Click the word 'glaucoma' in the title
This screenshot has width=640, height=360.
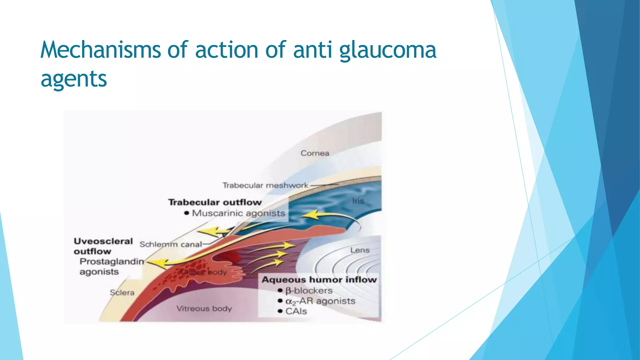tap(387, 50)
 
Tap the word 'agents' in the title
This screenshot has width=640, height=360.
tap(74, 79)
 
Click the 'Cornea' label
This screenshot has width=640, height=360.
tap(315, 153)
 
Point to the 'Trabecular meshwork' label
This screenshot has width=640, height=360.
tap(265, 185)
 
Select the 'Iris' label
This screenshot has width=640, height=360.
tap(358, 201)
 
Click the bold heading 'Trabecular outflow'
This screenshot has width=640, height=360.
tap(215, 202)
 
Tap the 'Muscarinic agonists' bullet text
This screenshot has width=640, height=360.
tap(238, 213)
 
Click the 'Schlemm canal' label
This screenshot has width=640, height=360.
tap(171, 244)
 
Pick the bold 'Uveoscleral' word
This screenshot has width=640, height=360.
tap(103, 241)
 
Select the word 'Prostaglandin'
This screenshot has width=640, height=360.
tap(112, 261)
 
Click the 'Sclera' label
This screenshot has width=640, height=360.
tap(122, 292)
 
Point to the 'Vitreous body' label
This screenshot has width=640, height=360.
tap(204, 308)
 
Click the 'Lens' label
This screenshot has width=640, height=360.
tap(360, 250)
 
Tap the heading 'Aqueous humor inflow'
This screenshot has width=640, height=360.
tap(319, 279)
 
